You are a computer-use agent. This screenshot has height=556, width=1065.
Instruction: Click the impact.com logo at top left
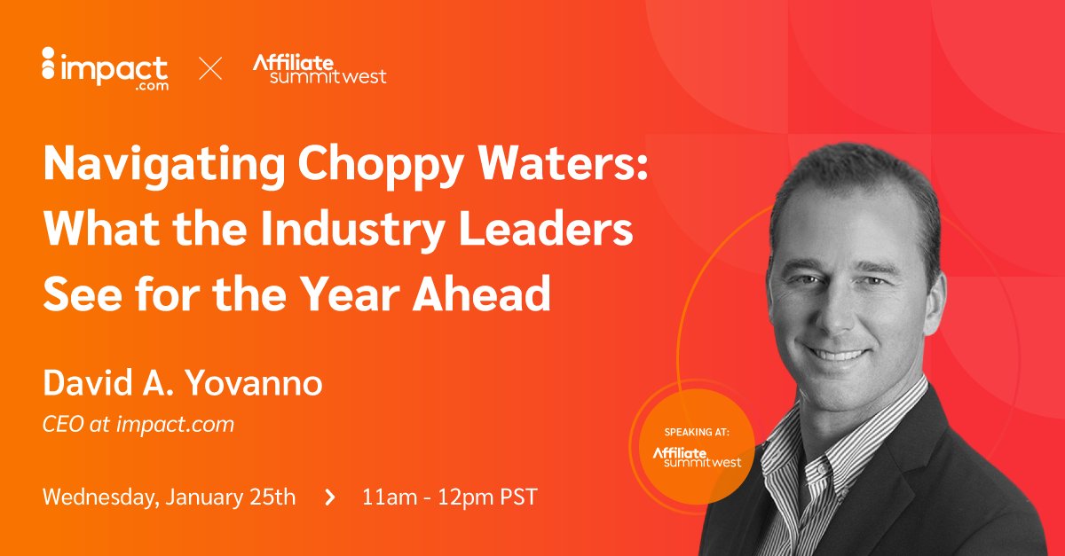coord(105,68)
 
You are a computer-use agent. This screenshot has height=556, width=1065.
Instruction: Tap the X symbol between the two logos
coord(210,68)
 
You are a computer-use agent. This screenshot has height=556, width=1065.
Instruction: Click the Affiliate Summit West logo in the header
coord(319,68)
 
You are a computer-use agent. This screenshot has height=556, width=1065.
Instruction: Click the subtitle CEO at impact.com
coord(138,425)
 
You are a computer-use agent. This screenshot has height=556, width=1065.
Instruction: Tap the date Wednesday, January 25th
coord(169,497)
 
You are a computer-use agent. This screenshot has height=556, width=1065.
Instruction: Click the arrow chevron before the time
coord(330,497)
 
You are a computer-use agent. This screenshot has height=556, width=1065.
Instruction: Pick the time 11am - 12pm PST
coord(449,497)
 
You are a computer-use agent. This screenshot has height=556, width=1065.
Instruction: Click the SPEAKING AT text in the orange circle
coord(696,433)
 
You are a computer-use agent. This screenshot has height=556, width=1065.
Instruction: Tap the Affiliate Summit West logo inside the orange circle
coord(696,457)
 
